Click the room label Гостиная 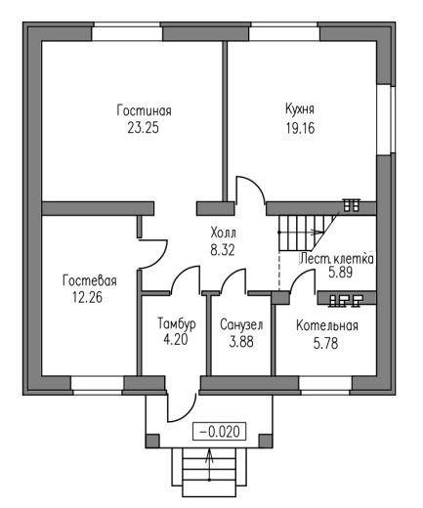144,110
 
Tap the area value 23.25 144,128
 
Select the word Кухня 300,109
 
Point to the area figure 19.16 300,128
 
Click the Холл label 224,233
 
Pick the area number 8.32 223,250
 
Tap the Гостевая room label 90,280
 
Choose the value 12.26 87,297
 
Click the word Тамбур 177,324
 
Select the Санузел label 241,325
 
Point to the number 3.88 241,342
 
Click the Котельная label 327,325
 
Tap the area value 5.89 340,273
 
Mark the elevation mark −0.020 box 219,432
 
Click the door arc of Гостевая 157,258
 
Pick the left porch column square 152,441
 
